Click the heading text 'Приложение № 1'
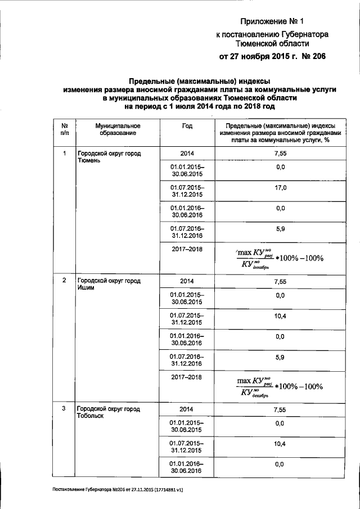coord(272,22)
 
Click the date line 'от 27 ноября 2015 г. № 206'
coord(272,56)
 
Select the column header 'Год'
coord(187,126)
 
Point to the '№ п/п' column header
coord(65,129)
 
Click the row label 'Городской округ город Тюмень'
coord(109,157)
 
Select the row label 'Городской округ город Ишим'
coord(109,284)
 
